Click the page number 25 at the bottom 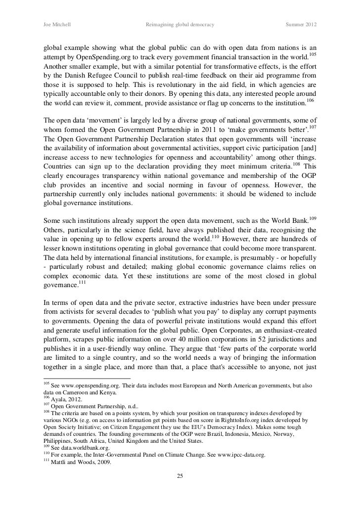(x=180, y=476)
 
